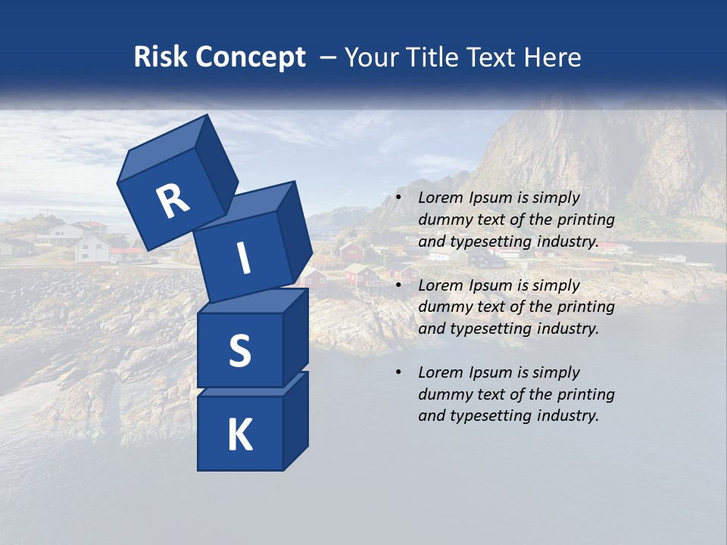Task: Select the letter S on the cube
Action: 239,350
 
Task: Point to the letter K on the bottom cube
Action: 239,435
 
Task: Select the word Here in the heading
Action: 554,58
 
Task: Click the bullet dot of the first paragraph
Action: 398,198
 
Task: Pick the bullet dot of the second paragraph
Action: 398,286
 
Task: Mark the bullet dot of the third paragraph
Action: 398,373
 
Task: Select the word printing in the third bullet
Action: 584,394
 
